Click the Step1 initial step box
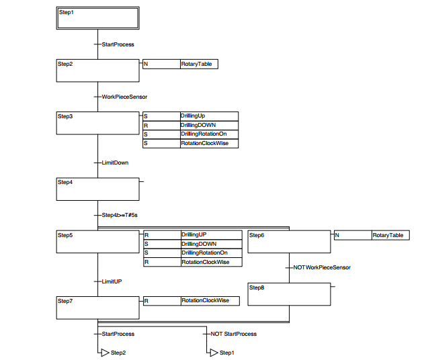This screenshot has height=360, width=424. click(97, 18)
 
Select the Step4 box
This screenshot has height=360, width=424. click(97, 189)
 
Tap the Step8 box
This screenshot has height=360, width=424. click(289, 294)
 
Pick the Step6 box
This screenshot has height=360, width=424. click(289, 242)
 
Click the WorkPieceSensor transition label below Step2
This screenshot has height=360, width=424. click(124, 97)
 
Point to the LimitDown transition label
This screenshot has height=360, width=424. click(115, 163)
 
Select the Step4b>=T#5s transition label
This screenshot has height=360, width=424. click(120, 215)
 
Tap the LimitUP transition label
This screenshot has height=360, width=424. click(112, 281)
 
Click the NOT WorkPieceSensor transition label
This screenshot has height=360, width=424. click(322, 267)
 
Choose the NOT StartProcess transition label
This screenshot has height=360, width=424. click(233, 334)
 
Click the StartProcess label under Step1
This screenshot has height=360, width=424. click(118, 44)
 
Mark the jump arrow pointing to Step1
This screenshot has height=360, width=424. click(214, 353)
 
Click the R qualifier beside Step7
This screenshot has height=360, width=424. click(146, 300)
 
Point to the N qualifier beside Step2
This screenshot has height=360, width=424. click(146, 64)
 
